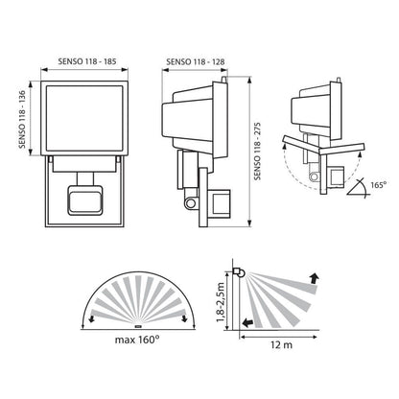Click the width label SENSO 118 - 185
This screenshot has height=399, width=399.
click(87, 61)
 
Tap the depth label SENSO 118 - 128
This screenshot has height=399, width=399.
click(196, 61)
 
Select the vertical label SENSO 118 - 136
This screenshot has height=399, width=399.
click(22, 120)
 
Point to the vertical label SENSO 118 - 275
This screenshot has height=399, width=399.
click(257, 151)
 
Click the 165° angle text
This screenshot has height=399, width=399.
click(379, 184)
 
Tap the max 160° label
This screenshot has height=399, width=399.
click(137, 340)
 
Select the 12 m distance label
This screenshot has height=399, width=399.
click(281, 345)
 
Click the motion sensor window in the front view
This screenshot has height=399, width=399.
click(84, 201)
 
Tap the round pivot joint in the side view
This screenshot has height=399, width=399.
click(192, 203)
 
